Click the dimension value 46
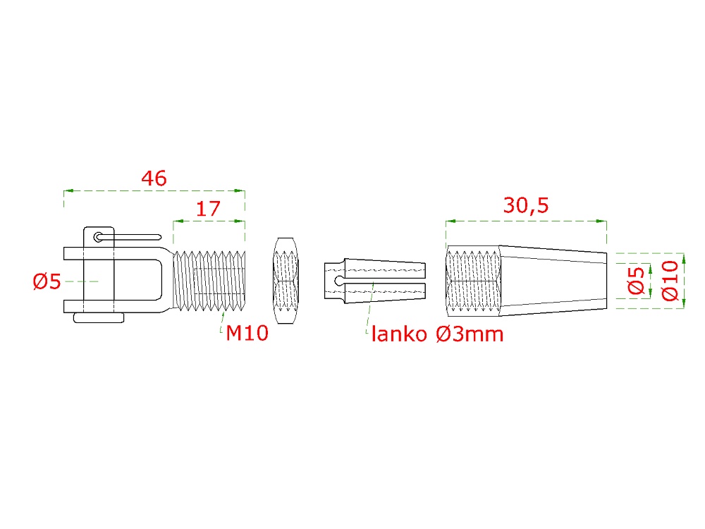(154, 178)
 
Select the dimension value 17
(208, 209)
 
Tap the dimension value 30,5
(526, 205)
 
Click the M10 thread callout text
(247, 334)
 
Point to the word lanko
(399, 334)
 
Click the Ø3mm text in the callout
(470, 334)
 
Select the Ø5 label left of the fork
(47, 281)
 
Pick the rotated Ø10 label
(670, 281)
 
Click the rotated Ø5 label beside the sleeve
(636, 281)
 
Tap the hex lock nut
(286, 281)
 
